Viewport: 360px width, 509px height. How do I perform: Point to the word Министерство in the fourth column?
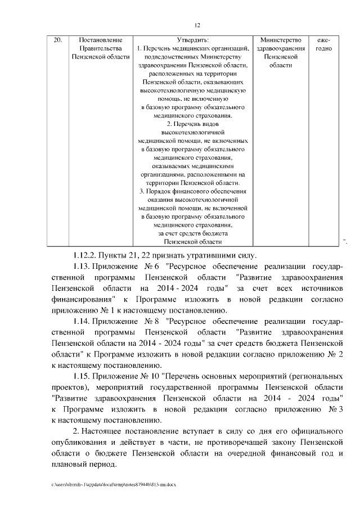pyautogui.click(x=281, y=40)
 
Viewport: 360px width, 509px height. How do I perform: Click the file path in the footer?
pyautogui.click(x=113, y=484)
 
